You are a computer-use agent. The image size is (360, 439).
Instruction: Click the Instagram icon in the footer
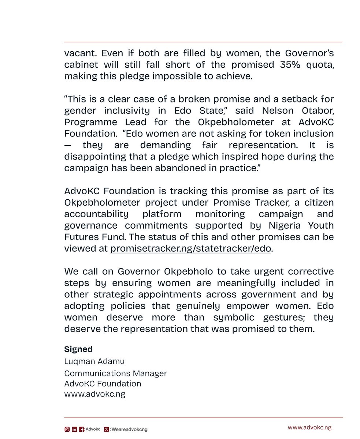tap(67, 429)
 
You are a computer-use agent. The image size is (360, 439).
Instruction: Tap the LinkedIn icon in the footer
tap(74, 429)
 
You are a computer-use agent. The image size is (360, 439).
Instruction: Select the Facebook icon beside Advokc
tap(81, 429)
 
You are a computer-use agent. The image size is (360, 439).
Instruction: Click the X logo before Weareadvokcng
tap(106, 429)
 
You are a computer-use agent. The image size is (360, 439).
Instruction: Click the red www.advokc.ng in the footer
tap(309, 427)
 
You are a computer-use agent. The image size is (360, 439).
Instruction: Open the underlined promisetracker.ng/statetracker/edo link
tap(190, 249)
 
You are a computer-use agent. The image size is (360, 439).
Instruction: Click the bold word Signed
tap(78, 349)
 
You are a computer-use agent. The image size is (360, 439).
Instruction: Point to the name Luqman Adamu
tap(94, 361)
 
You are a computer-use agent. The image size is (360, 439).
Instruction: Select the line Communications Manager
tap(115, 373)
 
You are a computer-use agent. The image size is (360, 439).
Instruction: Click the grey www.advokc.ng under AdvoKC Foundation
tap(94, 394)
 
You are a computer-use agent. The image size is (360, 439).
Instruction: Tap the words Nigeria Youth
tap(299, 226)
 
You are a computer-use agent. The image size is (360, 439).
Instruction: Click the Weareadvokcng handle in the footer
tap(129, 429)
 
